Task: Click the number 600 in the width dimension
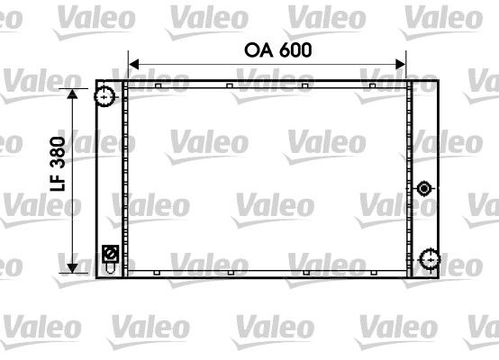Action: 295,50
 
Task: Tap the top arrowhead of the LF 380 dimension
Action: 72,93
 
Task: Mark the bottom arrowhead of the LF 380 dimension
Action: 72,267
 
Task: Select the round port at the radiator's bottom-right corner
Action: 427,259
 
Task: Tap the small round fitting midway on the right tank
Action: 424,188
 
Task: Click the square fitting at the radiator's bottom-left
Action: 110,253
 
